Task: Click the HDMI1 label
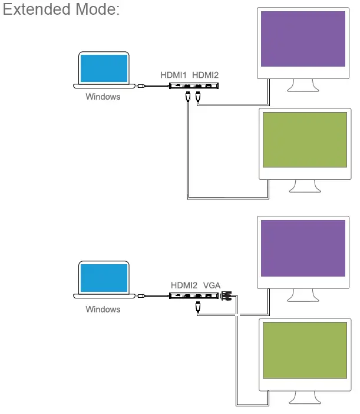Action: pos(174,75)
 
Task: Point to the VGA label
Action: pos(212,285)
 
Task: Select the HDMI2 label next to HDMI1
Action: pos(206,75)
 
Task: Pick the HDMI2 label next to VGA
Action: pos(184,285)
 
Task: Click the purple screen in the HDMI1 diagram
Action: pos(303,40)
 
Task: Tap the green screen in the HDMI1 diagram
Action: pos(304,139)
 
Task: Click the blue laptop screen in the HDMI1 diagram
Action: pos(104,68)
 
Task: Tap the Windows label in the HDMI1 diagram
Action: pos(103,97)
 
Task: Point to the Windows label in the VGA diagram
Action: pos(103,309)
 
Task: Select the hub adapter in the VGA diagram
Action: pos(194,297)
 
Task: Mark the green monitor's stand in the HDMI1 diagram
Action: pos(306,186)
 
